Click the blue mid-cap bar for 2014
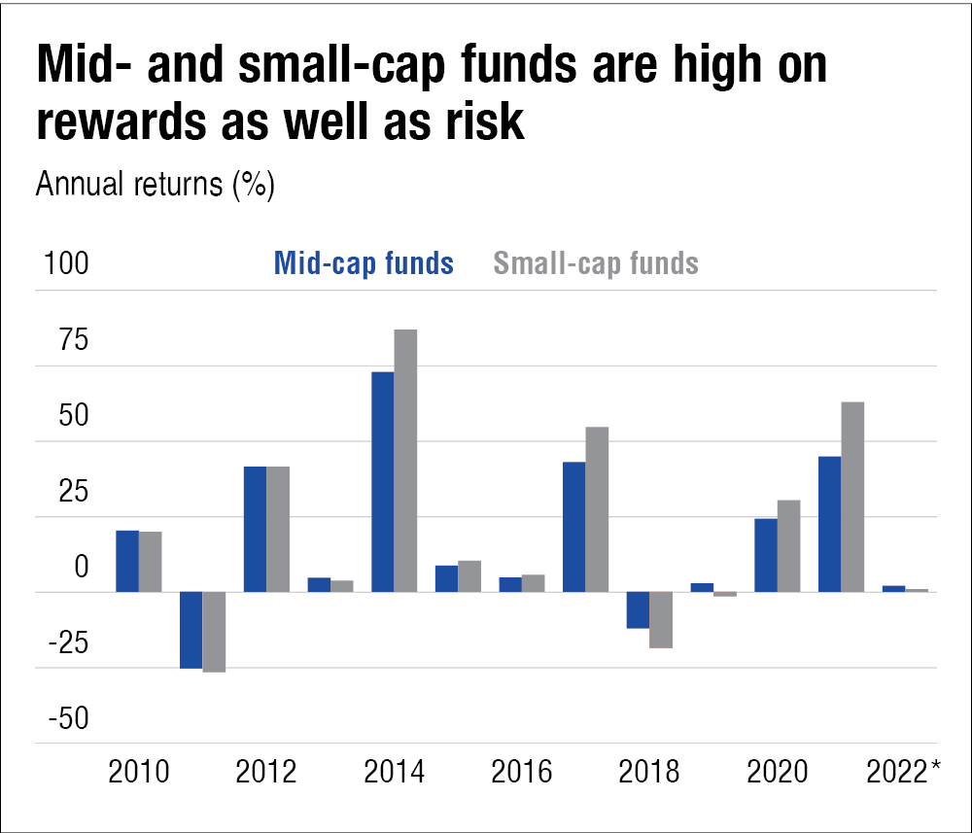click(382, 481)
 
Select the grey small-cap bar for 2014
click(405, 460)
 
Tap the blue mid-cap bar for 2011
click(191, 630)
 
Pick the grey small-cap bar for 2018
click(661, 619)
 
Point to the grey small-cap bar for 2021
click(852, 497)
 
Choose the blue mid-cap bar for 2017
click(573, 526)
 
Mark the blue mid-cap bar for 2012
click(255, 529)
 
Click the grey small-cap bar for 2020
click(788, 545)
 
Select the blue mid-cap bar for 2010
click(127, 561)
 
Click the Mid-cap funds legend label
click(364, 262)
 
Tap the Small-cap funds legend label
click(596, 262)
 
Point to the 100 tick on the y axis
click(62, 264)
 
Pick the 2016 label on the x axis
click(521, 773)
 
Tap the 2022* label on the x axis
click(903, 773)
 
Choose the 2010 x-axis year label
click(139, 773)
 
